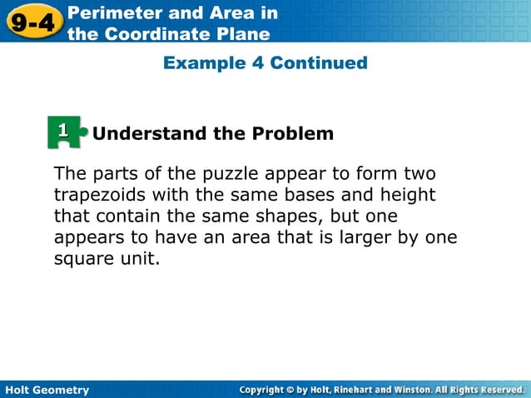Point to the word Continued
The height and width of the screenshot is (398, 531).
[x=319, y=63]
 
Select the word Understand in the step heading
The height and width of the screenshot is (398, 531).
[x=145, y=133]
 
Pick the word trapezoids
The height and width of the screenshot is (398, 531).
[x=102, y=196]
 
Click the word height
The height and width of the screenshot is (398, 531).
[x=406, y=196]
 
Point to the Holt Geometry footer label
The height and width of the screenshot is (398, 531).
[x=47, y=390]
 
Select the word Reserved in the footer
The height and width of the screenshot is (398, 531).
[x=499, y=390]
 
